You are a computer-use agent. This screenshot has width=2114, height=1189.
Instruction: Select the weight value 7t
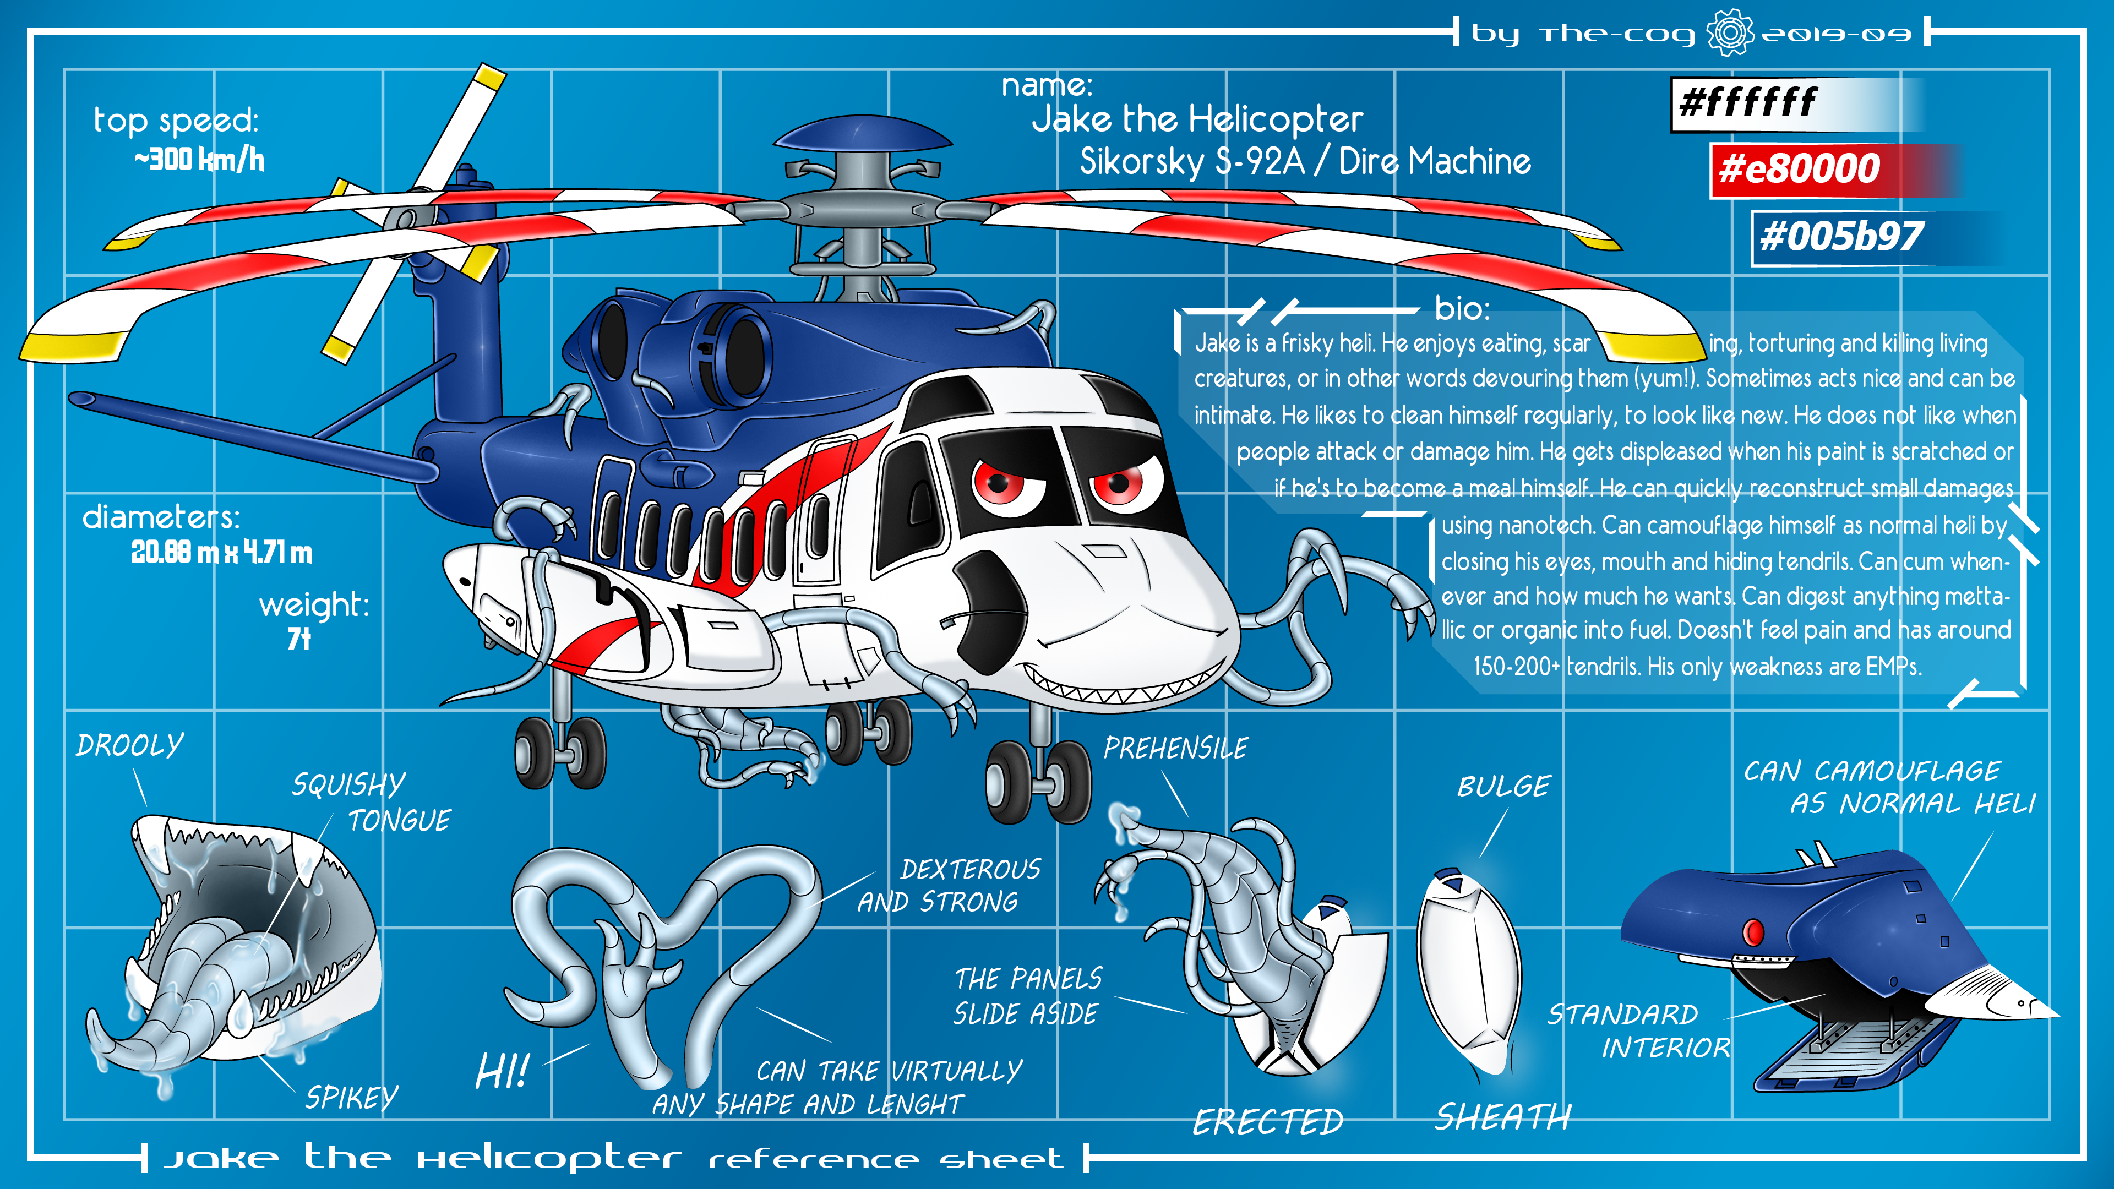pyautogui.click(x=299, y=639)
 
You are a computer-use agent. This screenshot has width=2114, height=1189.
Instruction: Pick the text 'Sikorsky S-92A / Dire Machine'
pyautogui.click(x=1305, y=162)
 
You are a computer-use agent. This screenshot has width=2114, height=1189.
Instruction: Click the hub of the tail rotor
pyautogui.click(x=406, y=219)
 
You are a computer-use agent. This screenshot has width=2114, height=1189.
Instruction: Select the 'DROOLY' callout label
pyautogui.click(x=130, y=745)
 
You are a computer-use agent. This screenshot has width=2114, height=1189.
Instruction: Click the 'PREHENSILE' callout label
pyautogui.click(x=1175, y=749)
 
